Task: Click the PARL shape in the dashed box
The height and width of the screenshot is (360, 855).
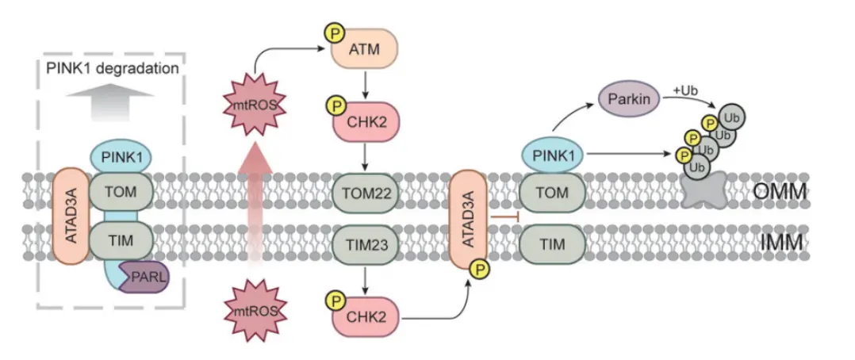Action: point(145,278)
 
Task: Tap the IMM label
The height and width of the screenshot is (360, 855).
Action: point(780,243)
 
